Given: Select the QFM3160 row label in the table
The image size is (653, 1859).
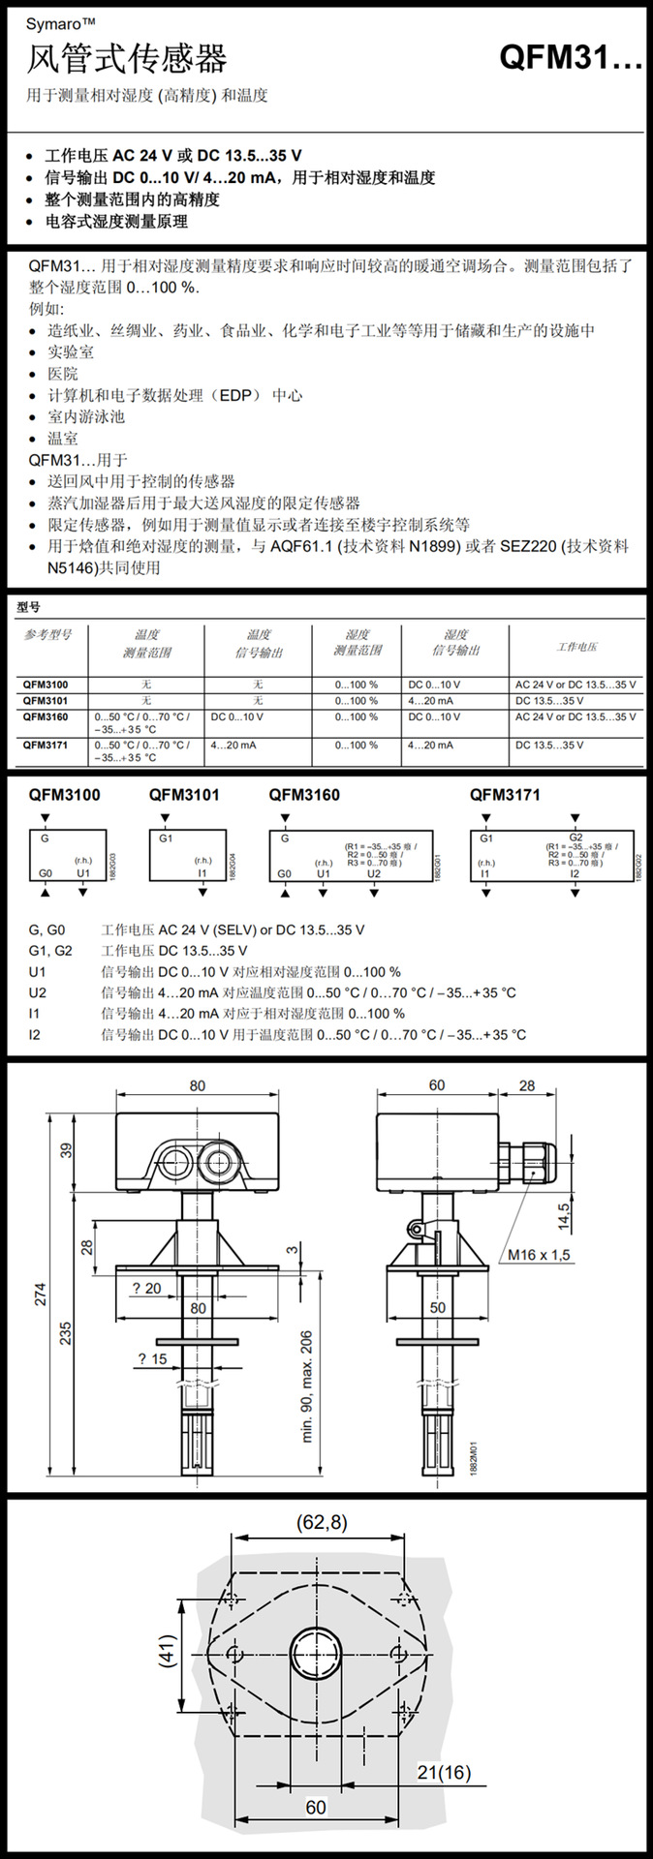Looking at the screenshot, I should tap(46, 717).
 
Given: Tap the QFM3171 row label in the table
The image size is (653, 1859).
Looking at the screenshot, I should tap(46, 746).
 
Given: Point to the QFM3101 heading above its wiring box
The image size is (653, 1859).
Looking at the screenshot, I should tap(184, 795).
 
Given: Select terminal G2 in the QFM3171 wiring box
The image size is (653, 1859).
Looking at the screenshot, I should tap(575, 838).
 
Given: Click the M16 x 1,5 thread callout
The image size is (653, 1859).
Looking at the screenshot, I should tap(540, 1255).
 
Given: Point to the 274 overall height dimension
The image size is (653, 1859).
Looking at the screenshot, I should tap(41, 1295).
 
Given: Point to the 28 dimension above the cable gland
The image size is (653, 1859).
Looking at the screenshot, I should tap(526, 1085).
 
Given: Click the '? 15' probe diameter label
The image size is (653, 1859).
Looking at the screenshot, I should tap(152, 1359).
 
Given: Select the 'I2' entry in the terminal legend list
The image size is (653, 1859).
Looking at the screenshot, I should tap(36, 1035).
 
